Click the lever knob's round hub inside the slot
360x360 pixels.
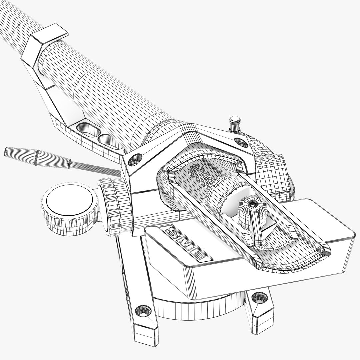pyautogui.click(x=252, y=204)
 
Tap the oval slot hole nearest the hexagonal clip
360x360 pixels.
pyautogui.click(x=85, y=129)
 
